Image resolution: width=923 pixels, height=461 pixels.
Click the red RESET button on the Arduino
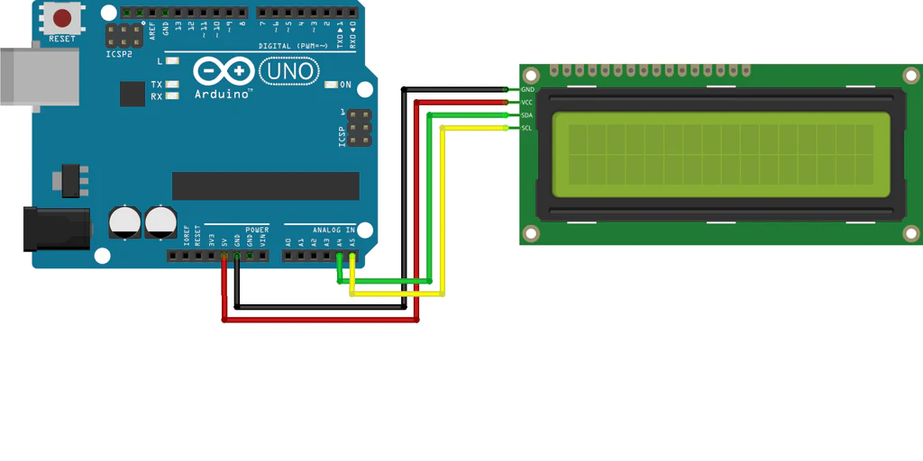pos(62,19)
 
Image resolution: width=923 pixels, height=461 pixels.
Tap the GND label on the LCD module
pos(528,90)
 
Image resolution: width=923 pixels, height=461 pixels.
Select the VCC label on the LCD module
pos(528,103)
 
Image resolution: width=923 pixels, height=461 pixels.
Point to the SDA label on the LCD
pos(528,116)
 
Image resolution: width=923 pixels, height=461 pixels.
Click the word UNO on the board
pos(288,71)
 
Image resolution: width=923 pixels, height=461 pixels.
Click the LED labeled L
pos(172,61)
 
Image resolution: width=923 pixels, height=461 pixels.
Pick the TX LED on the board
pos(172,85)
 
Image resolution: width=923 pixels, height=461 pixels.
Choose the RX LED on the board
pos(172,95)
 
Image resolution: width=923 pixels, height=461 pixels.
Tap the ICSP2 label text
pos(119,53)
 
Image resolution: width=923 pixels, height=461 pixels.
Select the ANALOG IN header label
pos(334,230)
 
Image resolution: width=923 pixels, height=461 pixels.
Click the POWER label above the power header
pos(257,230)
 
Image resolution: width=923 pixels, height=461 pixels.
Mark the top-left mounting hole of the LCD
pos(531,75)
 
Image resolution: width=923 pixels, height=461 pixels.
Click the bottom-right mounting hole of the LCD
pos(911,234)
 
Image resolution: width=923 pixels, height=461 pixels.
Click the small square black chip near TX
pos(133,94)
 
